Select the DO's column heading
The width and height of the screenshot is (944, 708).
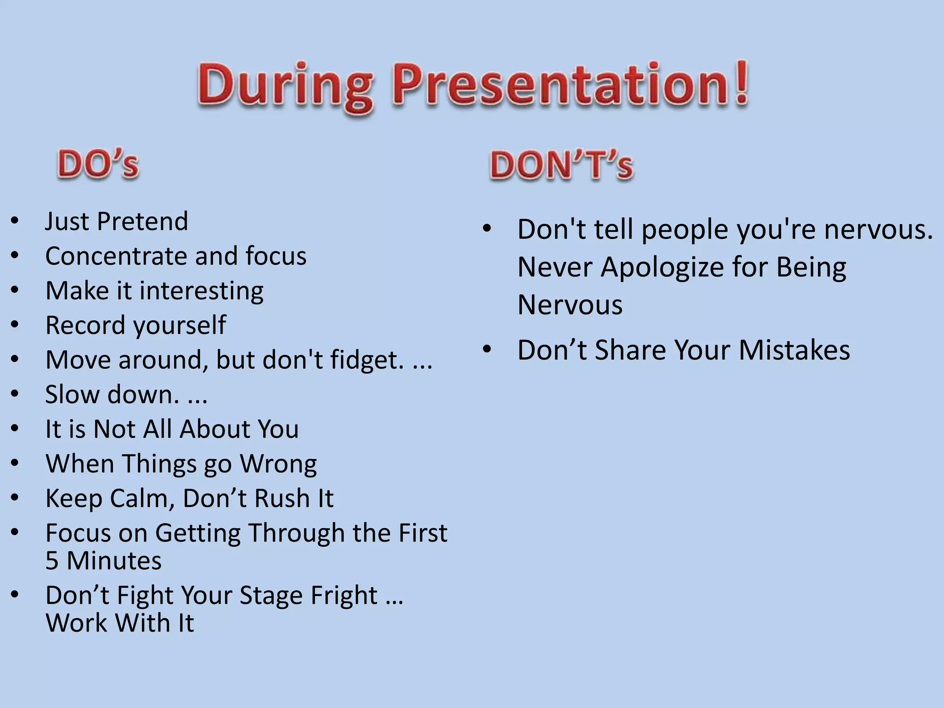point(98,165)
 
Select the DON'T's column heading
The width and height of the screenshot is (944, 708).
point(561,165)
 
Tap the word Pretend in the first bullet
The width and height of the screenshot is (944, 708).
point(143,221)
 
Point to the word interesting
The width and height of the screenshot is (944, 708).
point(201,291)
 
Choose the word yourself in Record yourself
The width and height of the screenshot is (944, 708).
point(180,325)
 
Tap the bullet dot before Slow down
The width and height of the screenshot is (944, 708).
point(15,394)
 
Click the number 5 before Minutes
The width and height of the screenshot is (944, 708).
point(52,561)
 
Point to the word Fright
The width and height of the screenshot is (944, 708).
point(344,595)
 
